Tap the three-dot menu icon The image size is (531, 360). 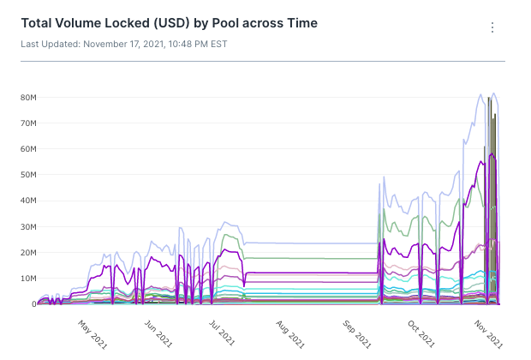pos(492,27)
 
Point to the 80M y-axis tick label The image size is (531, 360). pos(27,98)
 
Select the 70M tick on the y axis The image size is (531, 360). pos(27,123)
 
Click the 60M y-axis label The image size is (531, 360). pos(27,149)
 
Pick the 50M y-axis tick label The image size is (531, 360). pos(27,175)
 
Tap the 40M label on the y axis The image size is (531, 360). pos(27,201)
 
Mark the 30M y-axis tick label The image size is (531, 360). pos(27,226)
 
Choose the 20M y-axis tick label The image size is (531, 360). pos(27,253)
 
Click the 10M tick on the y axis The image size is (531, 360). pos(27,279)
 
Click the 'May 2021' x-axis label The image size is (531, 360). pos(93,330)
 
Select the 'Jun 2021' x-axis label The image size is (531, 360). pos(159,330)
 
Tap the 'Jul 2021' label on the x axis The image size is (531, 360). pos(223,330)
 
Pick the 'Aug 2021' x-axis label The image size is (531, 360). pos(289,330)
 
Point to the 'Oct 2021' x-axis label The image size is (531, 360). pos(421,330)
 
